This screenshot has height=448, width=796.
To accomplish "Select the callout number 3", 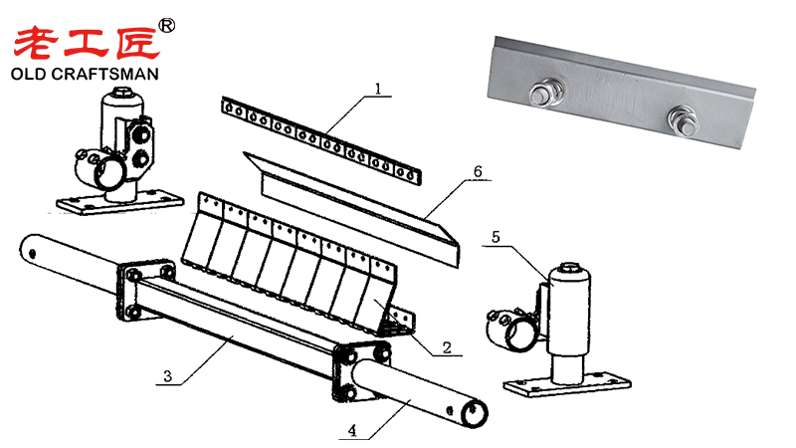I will click(169, 375).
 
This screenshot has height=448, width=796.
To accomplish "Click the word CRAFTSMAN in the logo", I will click(117, 74).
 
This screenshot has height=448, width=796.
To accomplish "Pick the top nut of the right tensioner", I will click(571, 268).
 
